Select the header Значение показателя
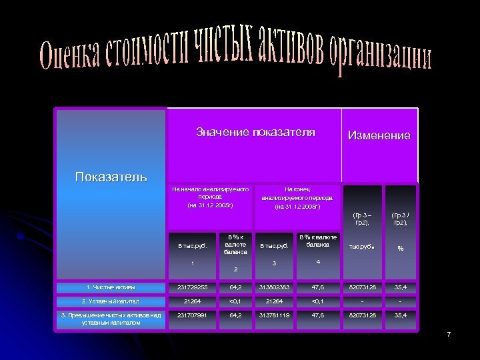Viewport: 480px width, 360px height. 255,132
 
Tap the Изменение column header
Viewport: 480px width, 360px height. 379,135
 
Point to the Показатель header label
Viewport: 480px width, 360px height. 111,176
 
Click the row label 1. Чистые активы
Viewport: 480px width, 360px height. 111,287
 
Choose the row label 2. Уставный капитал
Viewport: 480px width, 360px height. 111,301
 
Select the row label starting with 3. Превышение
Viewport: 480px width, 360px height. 111,319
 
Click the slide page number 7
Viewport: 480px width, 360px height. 449,333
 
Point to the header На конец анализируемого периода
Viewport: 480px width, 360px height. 297,198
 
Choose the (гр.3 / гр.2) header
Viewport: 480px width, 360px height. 401,219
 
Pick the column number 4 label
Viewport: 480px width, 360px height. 317,262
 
